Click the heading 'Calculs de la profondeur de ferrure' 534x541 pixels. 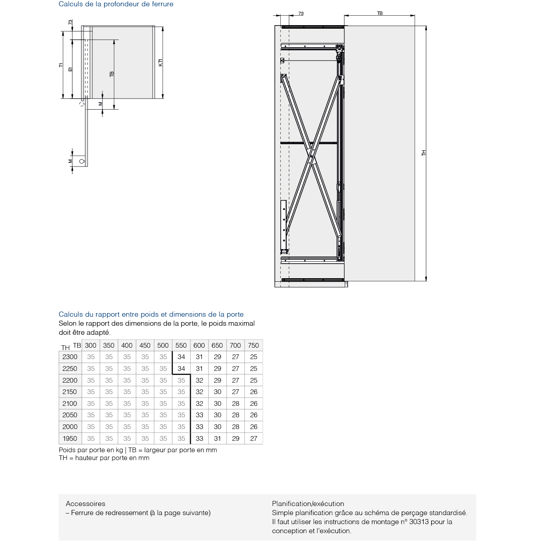click(x=116, y=4)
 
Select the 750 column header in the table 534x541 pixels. click(x=254, y=345)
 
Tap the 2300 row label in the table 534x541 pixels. click(x=70, y=357)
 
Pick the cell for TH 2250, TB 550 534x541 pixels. click(x=181, y=369)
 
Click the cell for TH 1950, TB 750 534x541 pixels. click(x=254, y=438)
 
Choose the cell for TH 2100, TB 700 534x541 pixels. click(x=236, y=403)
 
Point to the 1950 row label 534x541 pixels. click(x=70, y=438)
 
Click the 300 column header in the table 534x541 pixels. click(x=91, y=345)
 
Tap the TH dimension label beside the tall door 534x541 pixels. click(x=424, y=153)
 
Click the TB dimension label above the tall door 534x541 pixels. click(x=380, y=13)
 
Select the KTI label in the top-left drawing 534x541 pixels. click(x=160, y=62)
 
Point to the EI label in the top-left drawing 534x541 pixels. click(x=70, y=69)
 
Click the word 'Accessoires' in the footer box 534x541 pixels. click(x=86, y=504)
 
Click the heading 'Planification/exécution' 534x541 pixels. click(x=308, y=504)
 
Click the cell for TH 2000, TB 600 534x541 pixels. click(x=199, y=427)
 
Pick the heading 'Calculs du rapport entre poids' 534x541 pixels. click(x=151, y=314)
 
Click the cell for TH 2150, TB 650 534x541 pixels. click(x=218, y=392)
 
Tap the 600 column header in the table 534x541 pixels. click(x=199, y=345)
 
